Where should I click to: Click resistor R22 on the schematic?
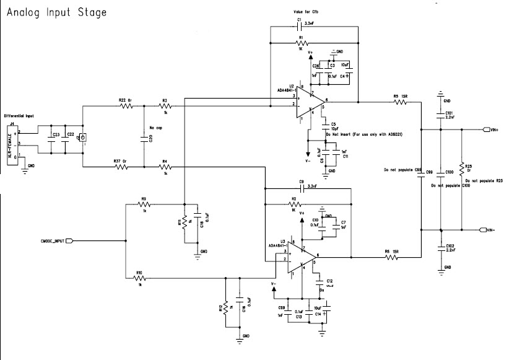(x=126, y=106)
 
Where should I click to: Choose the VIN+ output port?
(x=489, y=130)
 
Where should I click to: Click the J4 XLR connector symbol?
(x=16, y=144)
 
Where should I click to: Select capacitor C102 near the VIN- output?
(x=440, y=246)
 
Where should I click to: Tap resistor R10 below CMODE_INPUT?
(x=140, y=278)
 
